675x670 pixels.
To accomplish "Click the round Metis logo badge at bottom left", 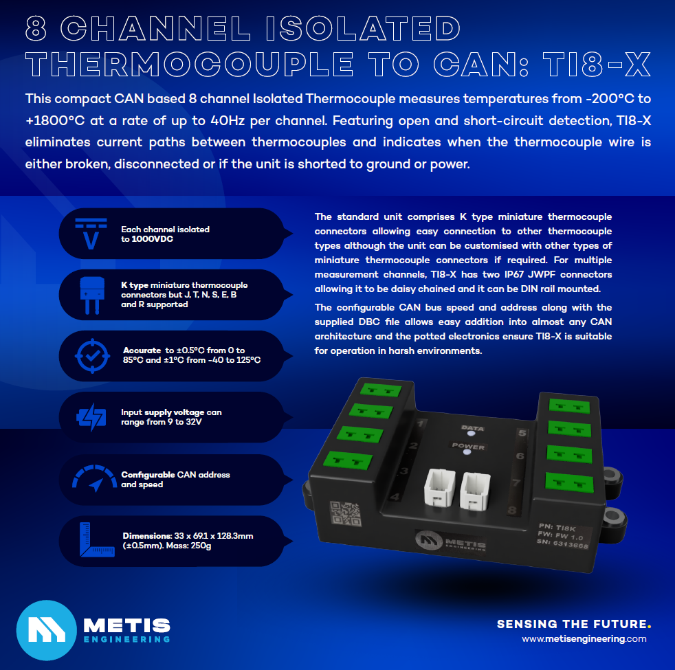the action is click(x=47, y=630).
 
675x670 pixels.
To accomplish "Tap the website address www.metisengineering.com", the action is click(x=584, y=639).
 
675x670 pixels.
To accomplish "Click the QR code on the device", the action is click(x=345, y=513).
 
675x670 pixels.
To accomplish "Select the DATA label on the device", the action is click(x=473, y=427).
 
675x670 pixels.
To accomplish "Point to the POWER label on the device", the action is click(x=468, y=446).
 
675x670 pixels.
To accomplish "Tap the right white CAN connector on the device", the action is click(x=475, y=491).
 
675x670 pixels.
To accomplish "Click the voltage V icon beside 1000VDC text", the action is click(x=91, y=234).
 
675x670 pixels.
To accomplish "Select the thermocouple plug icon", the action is click(x=92, y=295).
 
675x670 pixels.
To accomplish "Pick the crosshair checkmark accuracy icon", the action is click(x=92, y=356).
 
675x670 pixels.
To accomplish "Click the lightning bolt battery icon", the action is click(x=91, y=417).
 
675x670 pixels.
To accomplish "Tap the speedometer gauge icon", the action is click(x=95, y=478).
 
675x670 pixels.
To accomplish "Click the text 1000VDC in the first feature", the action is click(x=153, y=239).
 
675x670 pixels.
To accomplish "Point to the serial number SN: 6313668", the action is click(x=562, y=544).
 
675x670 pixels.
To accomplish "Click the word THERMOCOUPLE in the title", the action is click(x=190, y=65).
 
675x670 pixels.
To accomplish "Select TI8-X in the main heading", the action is click(x=597, y=65).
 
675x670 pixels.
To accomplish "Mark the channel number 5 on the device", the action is click(x=522, y=432).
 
